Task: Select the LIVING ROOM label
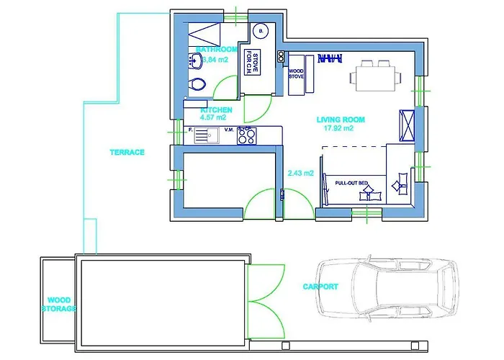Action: point(340,120)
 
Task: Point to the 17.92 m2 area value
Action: point(338,129)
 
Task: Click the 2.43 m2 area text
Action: point(300,174)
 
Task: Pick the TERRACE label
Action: point(127,153)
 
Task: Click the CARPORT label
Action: point(320,287)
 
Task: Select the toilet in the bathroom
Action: point(196,86)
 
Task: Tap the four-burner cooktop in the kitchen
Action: point(246,134)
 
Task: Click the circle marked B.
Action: point(260,31)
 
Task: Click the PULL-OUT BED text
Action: point(351,183)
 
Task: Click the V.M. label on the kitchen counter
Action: point(229,130)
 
